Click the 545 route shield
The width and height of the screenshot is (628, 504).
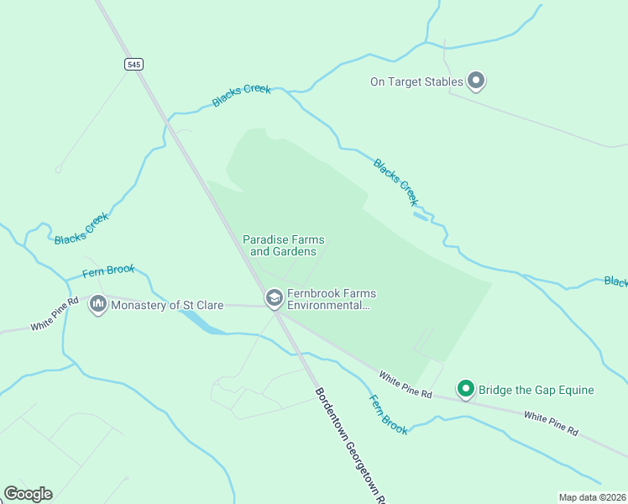(x=132, y=64)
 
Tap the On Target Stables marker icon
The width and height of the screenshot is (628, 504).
(x=476, y=81)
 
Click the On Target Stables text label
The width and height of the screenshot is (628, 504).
(x=416, y=81)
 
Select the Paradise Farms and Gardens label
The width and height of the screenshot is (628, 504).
(x=284, y=245)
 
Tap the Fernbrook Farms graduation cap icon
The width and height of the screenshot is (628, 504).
(x=274, y=298)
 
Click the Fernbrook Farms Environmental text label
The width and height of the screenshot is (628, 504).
(x=332, y=299)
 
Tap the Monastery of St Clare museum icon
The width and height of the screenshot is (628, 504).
(x=98, y=305)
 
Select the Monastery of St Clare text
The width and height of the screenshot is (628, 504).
(x=167, y=305)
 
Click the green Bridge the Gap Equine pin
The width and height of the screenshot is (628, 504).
(x=465, y=389)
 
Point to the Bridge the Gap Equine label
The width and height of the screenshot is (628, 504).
(x=536, y=390)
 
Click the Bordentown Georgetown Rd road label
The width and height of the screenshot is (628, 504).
(x=349, y=445)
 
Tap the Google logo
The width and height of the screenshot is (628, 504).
(x=28, y=494)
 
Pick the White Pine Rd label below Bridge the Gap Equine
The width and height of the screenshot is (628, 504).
(x=551, y=423)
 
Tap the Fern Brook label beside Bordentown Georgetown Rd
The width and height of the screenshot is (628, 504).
(x=389, y=414)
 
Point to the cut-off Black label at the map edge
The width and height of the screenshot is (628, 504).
(x=615, y=281)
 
